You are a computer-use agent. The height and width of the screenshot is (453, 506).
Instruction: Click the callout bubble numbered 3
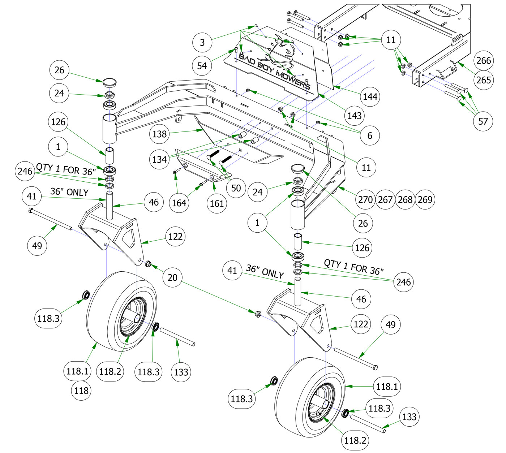[x=202, y=43]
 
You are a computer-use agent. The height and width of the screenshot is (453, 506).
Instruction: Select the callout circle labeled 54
[x=202, y=66]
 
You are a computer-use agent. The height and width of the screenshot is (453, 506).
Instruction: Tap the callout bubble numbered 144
[x=370, y=96]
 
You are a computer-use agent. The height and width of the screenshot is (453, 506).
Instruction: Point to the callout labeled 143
[x=355, y=116]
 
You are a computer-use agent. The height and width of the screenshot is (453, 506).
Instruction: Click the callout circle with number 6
[x=370, y=135]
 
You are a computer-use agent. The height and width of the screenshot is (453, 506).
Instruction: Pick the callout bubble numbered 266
[x=484, y=60]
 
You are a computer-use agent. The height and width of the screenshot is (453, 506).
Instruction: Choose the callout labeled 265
[x=484, y=80]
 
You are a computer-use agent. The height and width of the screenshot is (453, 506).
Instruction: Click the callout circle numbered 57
[x=483, y=121]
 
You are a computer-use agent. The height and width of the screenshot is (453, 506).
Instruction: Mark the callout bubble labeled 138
[x=159, y=134]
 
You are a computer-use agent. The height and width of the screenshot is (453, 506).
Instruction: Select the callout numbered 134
[x=159, y=159]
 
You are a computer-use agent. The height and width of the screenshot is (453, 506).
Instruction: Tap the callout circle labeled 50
[x=236, y=188]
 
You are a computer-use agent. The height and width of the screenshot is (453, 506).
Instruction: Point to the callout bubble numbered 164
[x=179, y=203]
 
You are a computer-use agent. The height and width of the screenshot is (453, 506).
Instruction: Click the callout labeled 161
[x=217, y=203]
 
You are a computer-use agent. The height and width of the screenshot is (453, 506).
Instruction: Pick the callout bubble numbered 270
[x=365, y=199]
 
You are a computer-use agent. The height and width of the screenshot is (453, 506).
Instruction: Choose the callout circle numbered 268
[x=405, y=199]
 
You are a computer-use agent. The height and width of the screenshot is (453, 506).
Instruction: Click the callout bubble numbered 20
[x=173, y=277]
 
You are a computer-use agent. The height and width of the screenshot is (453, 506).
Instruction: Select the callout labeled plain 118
[x=81, y=391]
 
